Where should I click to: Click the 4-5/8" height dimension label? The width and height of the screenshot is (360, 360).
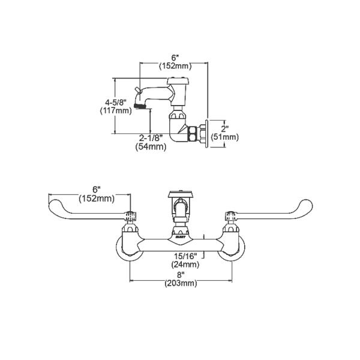(116, 102)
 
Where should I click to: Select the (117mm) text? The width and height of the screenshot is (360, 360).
(116, 111)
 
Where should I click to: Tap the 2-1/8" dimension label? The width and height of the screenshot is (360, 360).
(151, 138)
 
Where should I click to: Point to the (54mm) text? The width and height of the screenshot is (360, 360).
(151, 146)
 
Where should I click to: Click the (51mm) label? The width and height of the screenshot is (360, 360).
(224, 137)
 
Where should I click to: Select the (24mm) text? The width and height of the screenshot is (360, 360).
(185, 265)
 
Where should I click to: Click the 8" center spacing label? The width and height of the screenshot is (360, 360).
(181, 274)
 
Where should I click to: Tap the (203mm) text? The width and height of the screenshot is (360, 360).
(181, 283)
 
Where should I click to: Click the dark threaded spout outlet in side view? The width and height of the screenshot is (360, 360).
(140, 106)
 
